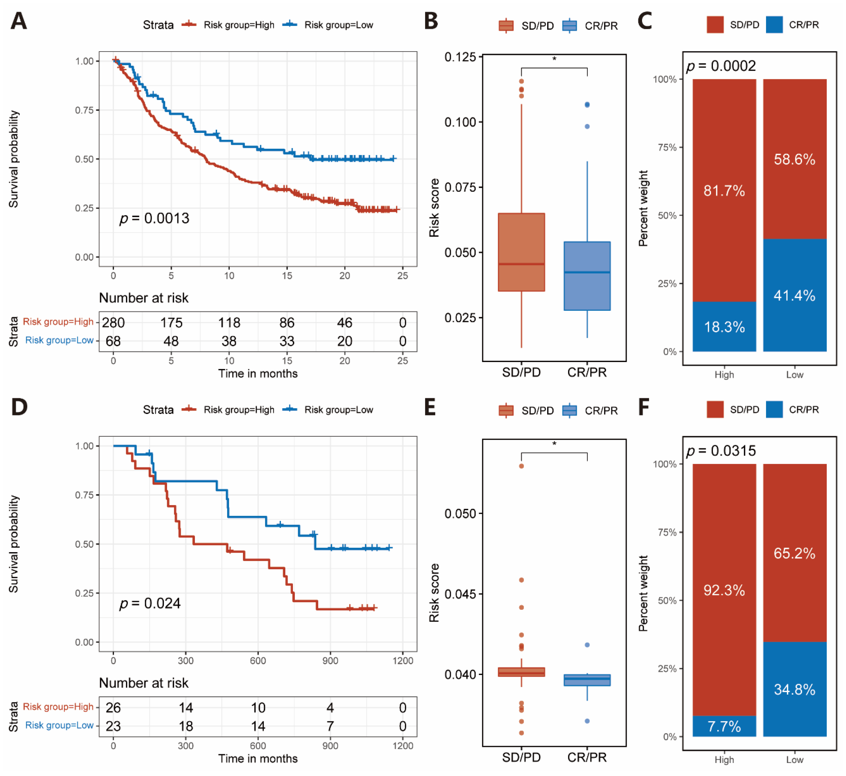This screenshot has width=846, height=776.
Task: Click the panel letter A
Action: (x=19, y=21)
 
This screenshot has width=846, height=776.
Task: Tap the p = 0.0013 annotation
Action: (x=154, y=218)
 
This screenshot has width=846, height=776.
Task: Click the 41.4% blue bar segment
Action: (x=794, y=295)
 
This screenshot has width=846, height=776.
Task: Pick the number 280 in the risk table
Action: (x=113, y=323)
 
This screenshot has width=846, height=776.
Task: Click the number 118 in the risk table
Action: (x=229, y=323)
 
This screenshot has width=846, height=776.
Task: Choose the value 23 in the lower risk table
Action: (x=113, y=726)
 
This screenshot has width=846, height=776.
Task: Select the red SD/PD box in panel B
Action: (x=521, y=252)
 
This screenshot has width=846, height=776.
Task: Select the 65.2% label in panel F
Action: (x=794, y=553)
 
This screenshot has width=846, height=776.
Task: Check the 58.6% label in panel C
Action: (x=794, y=160)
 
